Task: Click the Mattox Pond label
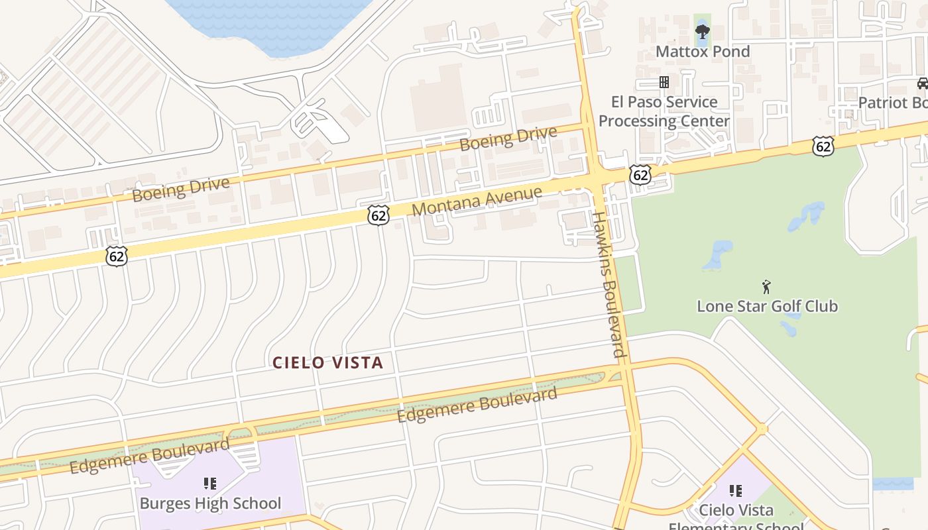pyautogui.click(x=703, y=52)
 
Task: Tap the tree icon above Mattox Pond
pyautogui.click(x=702, y=30)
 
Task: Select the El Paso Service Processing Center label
pyautogui.click(x=664, y=111)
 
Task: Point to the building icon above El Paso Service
pyautogui.click(x=664, y=82)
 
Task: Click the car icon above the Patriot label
pyautogui.click(x=922, y=83)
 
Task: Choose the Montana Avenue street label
pyautogui.click(x=477, y=201)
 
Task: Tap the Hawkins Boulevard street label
pyautogui.click(x=609, y=284)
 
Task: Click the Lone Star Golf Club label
pyautogui.click(x=767, y=306)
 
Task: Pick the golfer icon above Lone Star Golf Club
pyautogui.click(x=767, y=286)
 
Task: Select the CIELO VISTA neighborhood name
pyautogui.click(x=328, y=362)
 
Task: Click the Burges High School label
pyautogui.click(x=210, y=503)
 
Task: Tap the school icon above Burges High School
pyautogui.click(x=210, y=484)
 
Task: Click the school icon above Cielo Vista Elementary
pyautogui.click(x=736, y=491)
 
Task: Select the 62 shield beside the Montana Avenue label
pyautogui.click(x=378, y=215)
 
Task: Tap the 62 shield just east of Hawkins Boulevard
pyautogui.click(x=640, y=174)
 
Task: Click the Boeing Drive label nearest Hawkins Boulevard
pyautogui.click(x=508, y=138)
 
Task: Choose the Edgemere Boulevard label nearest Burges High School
pyautogui.click(x=149, y=456)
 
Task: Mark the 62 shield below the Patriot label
pyautogui.click(x=823, y=146)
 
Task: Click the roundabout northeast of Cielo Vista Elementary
pyautogui.click(x=762, y=429)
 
